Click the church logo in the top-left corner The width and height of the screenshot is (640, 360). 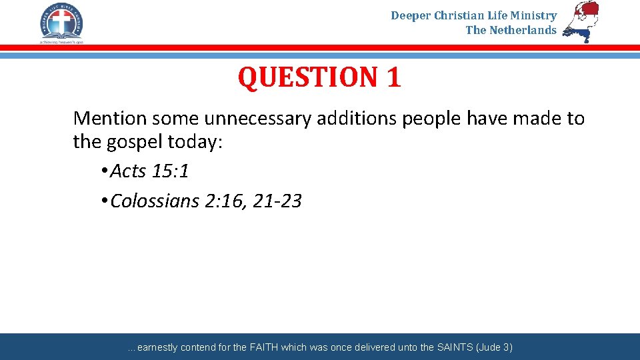(61, 23)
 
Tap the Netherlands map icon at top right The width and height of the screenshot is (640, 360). (581, 21)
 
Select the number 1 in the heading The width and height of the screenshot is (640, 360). (393, 77)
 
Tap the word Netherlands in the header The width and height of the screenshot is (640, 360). (523, 30)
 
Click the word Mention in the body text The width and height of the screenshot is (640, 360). (110, 119)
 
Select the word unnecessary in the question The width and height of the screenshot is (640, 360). (257, 119)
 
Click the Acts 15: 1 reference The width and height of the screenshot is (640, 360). (149, 171)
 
